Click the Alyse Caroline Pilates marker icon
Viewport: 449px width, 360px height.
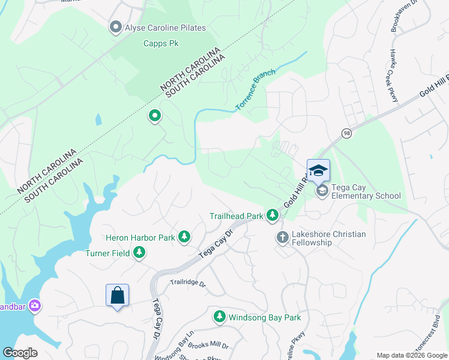point(115,28)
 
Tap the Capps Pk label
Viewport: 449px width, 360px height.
point(158,43)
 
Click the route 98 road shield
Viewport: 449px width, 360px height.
point(346,133)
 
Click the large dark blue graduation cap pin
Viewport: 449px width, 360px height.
point(318,170)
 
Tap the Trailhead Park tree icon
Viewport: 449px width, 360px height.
point(273,215)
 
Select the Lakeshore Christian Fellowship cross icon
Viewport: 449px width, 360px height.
point(282,238)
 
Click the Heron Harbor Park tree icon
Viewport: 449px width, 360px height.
point(184,238)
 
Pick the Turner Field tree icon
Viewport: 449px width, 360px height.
point(139,253)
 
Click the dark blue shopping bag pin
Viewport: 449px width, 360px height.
point(117,295)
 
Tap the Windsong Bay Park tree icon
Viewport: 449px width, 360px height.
point(220,317)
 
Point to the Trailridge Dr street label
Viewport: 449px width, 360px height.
point(187,282)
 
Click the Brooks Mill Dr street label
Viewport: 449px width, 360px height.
point(208,346)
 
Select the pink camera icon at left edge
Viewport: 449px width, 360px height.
point(35,305)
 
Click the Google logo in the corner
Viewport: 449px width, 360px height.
point(20,353)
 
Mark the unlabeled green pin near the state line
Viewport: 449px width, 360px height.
point(155,116)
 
